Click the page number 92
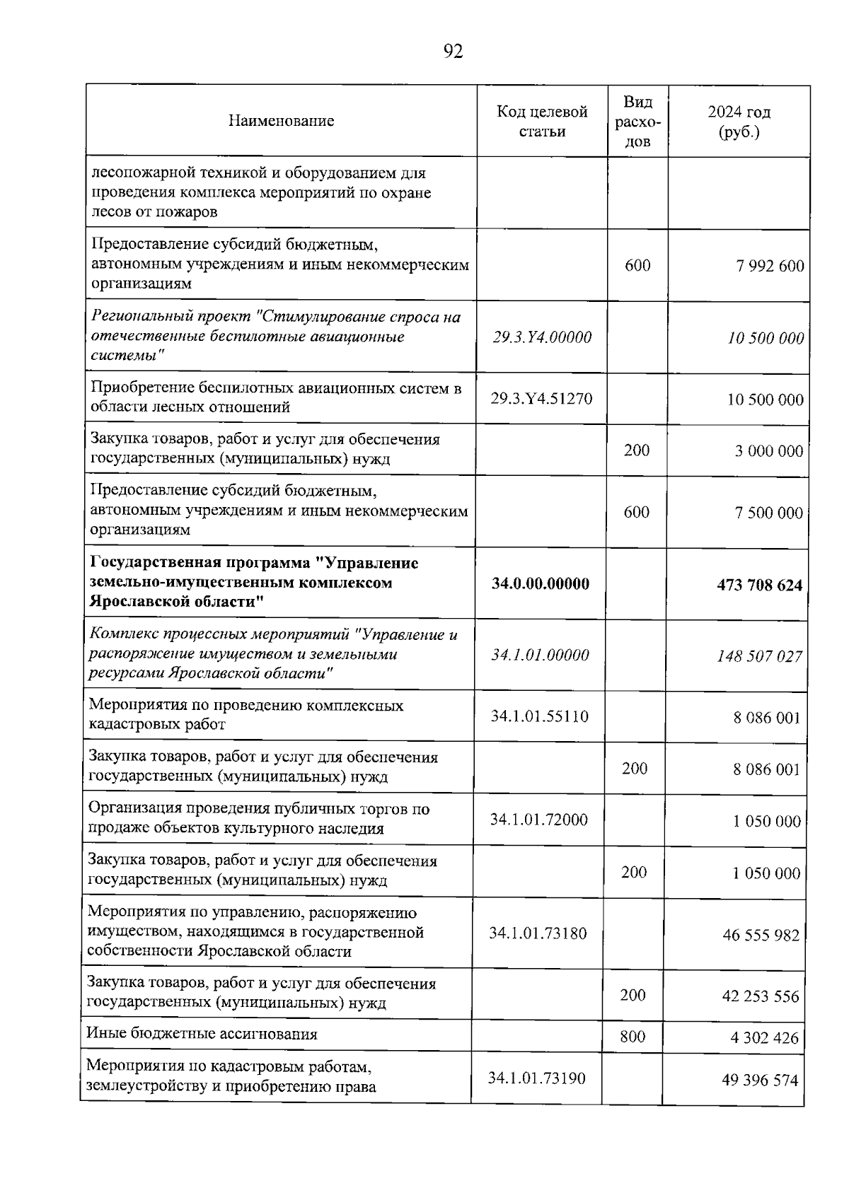(453, 51)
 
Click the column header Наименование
(281, 121)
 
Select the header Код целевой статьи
(542, 122)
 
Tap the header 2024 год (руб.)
(739, 122)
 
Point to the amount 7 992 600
(769, 267)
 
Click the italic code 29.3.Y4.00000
(542, 337)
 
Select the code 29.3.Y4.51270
(541, 398)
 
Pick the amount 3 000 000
(768, 451)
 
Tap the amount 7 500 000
(768, 513)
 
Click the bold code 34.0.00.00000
(541, 584)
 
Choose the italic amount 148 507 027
(760, 656)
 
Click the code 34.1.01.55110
(539, 716)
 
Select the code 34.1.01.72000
(538, 820)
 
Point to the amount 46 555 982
(761, 936)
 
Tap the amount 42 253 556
(761, 996)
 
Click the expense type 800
(633, 1037)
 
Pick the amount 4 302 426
(764, 1038)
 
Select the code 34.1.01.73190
(537, 1078)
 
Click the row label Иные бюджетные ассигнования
(202, 1035)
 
